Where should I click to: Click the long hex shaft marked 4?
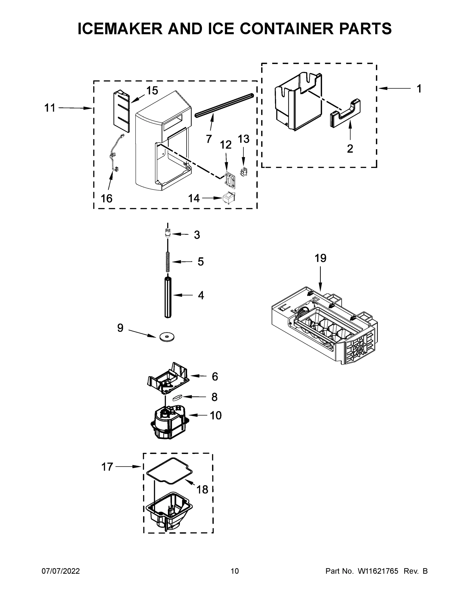point(168,297)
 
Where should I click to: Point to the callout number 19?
point(320,258)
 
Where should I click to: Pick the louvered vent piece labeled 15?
point(121,111)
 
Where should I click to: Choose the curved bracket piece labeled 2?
point(345,113)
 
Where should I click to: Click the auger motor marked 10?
point(168,424)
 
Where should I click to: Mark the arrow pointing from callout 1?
point(394,88)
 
